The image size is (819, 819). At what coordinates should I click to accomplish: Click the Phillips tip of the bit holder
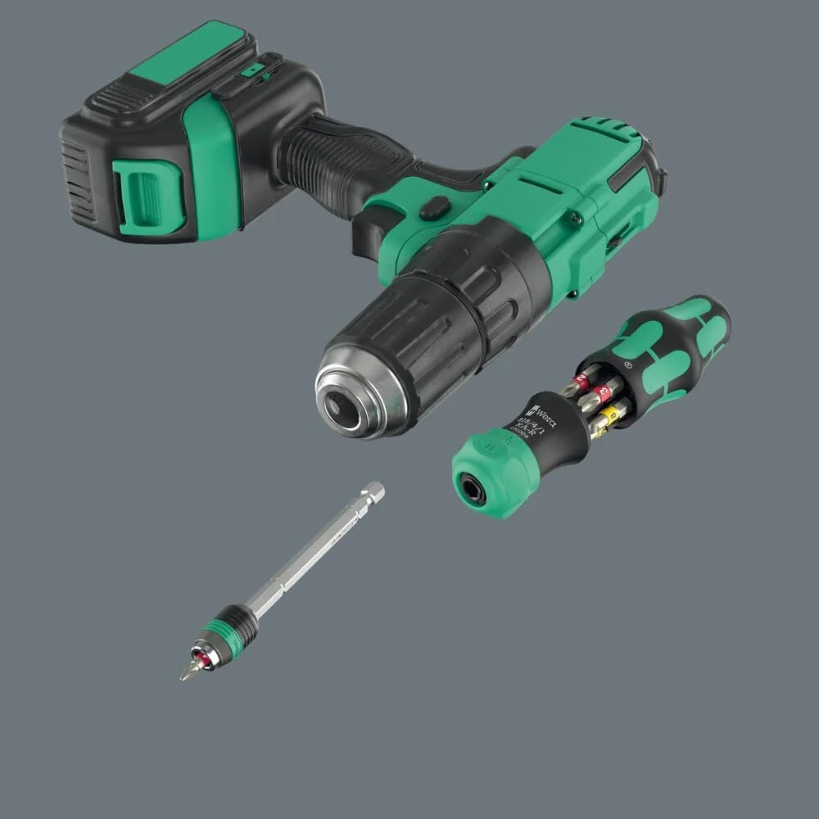(186, 672)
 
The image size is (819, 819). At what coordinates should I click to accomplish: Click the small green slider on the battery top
(256, 71)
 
